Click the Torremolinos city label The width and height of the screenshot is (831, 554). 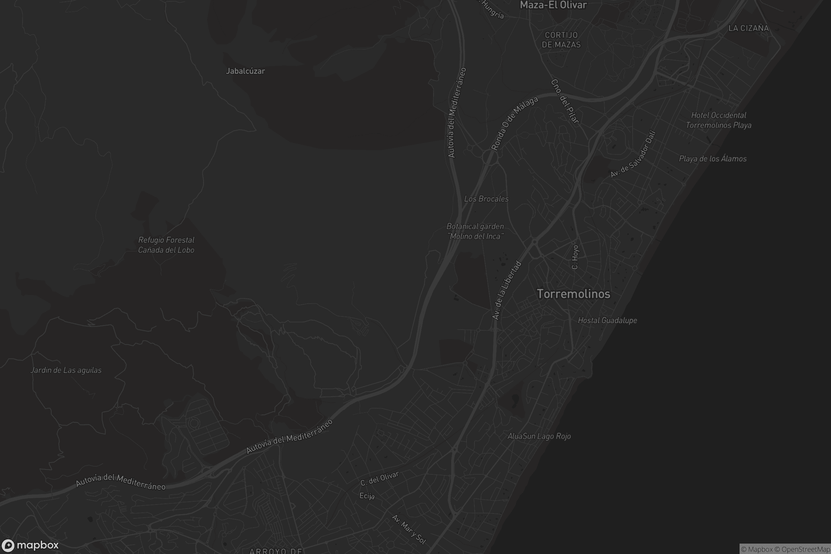click(573, 294)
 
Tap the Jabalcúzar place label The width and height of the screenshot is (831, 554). click(245, 71)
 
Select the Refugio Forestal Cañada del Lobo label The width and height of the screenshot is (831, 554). click(166, 245)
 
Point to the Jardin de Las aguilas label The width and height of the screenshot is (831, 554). click(66, 370)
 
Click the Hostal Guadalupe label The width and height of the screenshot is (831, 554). click(607, 321)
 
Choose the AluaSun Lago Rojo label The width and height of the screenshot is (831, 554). click(539, 436)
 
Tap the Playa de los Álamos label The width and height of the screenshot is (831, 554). click(712, 159)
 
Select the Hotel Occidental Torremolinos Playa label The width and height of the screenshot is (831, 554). click(718, 120)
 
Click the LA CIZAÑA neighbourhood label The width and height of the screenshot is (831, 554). click(748, 28)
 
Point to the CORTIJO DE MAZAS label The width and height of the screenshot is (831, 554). click(561, 40)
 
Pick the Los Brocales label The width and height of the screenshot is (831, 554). click(486, 199)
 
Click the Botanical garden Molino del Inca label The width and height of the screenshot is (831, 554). click(475, 231)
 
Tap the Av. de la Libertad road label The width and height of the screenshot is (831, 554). click(507, 291)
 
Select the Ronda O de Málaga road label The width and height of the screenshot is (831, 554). click(515, 123)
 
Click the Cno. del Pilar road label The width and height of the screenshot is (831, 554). click(565, 101)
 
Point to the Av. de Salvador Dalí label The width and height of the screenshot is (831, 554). click(633, 154)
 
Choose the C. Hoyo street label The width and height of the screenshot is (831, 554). click(575, 257)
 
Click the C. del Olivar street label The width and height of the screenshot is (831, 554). click(379, 479)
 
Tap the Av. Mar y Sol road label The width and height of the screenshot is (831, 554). click(409, 529)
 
